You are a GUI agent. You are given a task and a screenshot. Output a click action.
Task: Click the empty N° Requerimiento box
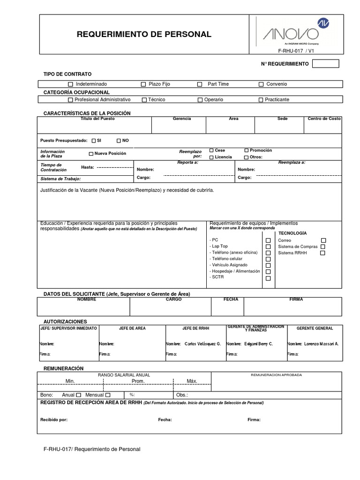pos(325,64)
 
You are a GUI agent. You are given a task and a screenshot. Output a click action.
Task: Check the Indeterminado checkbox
pos(71,84)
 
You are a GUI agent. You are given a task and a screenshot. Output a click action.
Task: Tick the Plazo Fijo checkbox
pos(143,84)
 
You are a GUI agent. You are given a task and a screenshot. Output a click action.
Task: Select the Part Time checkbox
pos(199,84)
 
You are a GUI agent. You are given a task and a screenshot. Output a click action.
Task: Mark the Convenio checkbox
pos(261,84)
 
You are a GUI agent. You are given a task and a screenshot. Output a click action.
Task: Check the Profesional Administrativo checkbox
pos(70,100)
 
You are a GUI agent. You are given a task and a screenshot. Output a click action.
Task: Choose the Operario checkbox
pos(200,100)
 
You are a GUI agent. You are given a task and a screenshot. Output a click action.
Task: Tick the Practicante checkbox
pos(261,100)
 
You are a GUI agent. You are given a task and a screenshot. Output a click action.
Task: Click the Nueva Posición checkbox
pos(91,154)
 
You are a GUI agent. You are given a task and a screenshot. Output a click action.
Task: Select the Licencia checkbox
pos(211,157)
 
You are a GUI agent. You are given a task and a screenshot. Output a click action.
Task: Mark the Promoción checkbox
pos(247,150)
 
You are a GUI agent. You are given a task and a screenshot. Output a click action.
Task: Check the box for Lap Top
pos(268,246)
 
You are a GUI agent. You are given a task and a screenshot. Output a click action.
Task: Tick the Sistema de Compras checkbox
pos(323,247)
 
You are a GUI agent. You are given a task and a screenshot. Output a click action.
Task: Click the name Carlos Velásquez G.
pos(202,344)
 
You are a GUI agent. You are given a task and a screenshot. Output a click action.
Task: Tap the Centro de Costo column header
pos(324,119)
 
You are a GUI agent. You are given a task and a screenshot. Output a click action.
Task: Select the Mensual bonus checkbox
pos(108,395)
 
